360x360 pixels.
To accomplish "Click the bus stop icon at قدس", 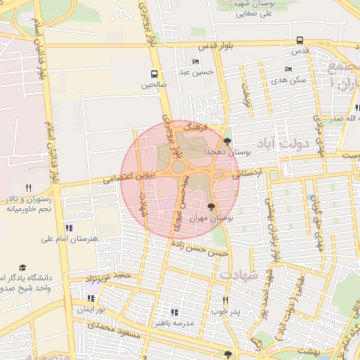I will pyautogui.click(x=300, y=41).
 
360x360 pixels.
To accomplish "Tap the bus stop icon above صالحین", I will pyautogui.click(x=154, y=74).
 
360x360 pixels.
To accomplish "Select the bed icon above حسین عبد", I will pyautogui.click(x=195, y=61).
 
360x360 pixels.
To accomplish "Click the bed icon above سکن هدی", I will pyautogui.click(x=288, y=69).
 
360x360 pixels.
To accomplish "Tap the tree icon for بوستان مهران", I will pyautogui.click(x=212, y=207).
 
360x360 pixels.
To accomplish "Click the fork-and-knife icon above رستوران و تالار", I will pyautogui.click(x=29, y=188).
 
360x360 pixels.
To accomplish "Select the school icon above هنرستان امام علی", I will pyautogui.click(x=68, y=228).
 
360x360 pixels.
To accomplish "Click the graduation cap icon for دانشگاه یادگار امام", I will pyautogui.click(x=22, y=268).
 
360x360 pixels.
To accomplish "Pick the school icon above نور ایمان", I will pyautogui.click(x=91, y=298).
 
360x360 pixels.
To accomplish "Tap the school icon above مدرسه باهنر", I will pyautogui.click(x=174, y=311).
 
